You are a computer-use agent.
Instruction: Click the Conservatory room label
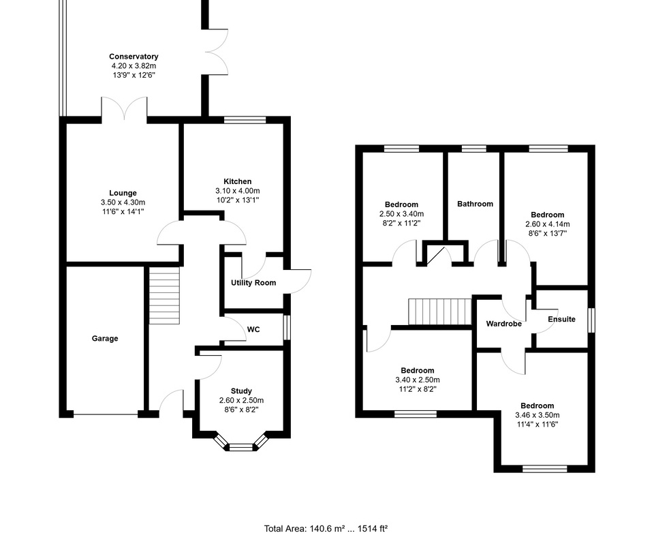(134, 57)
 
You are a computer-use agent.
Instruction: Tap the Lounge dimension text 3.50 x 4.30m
(123, 202)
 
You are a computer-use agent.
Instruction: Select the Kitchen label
(238, 181)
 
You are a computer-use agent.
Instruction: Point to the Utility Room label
(253, 283)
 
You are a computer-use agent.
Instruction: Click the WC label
(253, 330)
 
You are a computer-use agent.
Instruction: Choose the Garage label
(105, 339)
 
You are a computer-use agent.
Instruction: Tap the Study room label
(241, 391)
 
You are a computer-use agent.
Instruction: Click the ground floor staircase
(165, 296)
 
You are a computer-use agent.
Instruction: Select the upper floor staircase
(439, 311)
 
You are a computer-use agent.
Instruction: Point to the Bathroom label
(475, 204)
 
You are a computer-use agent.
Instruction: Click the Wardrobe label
(504, 324)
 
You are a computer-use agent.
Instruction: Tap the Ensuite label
(561, 319)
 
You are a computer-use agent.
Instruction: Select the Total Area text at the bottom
(326, 529)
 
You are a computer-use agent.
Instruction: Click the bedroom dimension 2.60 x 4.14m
(548, 224)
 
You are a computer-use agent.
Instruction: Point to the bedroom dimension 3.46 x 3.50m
(538, 415)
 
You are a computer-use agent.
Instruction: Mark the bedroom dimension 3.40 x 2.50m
(418, 380)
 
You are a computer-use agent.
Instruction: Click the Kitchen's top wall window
(245, 120)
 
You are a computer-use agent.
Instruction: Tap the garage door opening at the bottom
(105, 414)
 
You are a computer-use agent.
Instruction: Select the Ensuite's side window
(591, 320)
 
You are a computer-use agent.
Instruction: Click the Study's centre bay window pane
(241, 448)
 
